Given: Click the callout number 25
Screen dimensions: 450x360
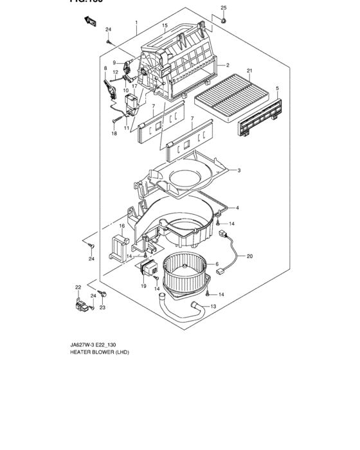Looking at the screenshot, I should pyautogui.click(x=224, y=8).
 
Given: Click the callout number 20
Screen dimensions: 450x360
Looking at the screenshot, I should pyautogui.click(x=249, y=256).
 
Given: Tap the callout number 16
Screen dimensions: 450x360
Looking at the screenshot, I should pyautogui.click(x=122, y=226).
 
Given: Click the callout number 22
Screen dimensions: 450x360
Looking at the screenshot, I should pyautogui.click(x=78, y=287).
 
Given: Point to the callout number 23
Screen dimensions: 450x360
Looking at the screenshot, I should pyautogui.click(x=101, y=307).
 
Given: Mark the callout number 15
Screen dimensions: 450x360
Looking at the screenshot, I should pyautogui.click(x=165, y=26).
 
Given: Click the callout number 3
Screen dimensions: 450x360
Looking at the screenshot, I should pyautogui.click(x=239, y=170).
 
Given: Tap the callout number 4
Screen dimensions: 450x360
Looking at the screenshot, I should pyautogui.click(x=237, y=208).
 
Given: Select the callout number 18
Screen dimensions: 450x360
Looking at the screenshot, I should pyautogui.click(x=114, y=134).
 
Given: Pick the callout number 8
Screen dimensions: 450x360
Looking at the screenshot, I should pyautogui.click(x=105, y=68).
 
